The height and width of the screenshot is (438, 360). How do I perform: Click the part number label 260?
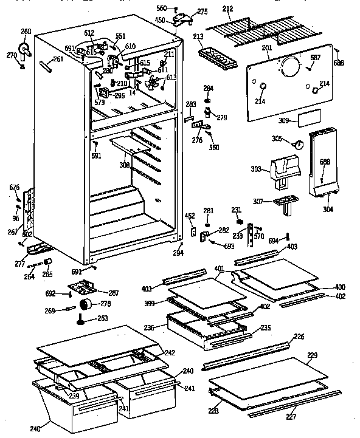26,32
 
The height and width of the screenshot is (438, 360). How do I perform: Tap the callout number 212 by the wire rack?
227,9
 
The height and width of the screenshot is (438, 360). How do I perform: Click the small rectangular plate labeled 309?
310,118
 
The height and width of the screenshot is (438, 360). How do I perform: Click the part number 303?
255,170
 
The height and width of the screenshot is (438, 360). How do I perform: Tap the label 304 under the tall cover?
328,210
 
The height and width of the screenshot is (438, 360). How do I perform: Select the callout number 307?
258,201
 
